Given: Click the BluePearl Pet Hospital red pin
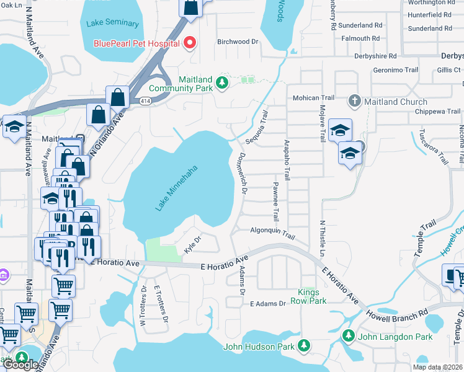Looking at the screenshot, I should [190, 43].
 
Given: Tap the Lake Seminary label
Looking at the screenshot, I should [113, 24].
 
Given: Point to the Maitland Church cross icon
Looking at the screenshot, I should [354, 101].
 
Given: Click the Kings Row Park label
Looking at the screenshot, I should [308, 296].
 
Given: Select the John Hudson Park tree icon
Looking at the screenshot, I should [303, 344].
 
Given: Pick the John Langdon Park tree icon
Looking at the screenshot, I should [349, 336].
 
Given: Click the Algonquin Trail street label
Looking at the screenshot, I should [272, 232].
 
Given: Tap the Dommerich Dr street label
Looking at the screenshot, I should [243, 175].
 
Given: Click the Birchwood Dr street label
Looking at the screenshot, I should [237, 42].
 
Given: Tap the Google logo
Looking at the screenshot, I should [20, 365].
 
